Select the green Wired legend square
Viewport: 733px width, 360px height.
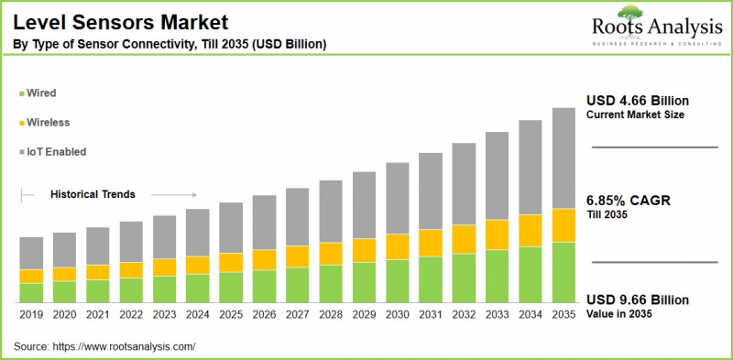[x=21, y=93]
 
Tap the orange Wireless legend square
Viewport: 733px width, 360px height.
[x=21, y=122]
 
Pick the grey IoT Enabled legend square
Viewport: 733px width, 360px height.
[x=21, y=151]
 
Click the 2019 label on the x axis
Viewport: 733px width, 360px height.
[x=32, y=313]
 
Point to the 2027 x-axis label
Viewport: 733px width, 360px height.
[x=298, y=313]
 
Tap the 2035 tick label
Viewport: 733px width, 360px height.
[x=563, y=313]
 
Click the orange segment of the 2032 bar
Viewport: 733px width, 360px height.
[x=464, y=239]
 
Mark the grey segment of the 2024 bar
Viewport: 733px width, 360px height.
[x=198, y=233]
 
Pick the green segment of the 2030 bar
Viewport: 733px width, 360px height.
[x=398, y=281]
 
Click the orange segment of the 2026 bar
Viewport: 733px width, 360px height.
[x=265, y=259]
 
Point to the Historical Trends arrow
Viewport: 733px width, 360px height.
[x=173, y=194]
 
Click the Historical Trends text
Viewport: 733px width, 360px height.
[x=93, y=194]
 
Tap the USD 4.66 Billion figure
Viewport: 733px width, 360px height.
[x=638, y=100]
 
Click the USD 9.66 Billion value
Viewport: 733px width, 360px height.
[x=638, y=300]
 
